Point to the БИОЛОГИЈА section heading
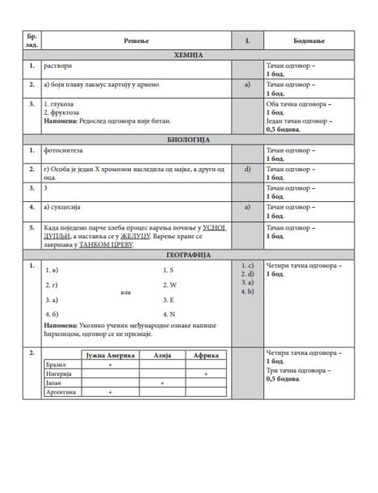(188, 139)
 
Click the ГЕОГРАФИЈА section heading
(188, 255)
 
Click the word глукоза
(65, 104)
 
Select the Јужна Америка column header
(110, 355)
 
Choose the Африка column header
(206, 355)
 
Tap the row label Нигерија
(59, 374)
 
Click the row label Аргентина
(61, 393)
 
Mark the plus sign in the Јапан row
(162, 384)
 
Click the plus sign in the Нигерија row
(206, 374)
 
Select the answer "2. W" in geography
(169, 284)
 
